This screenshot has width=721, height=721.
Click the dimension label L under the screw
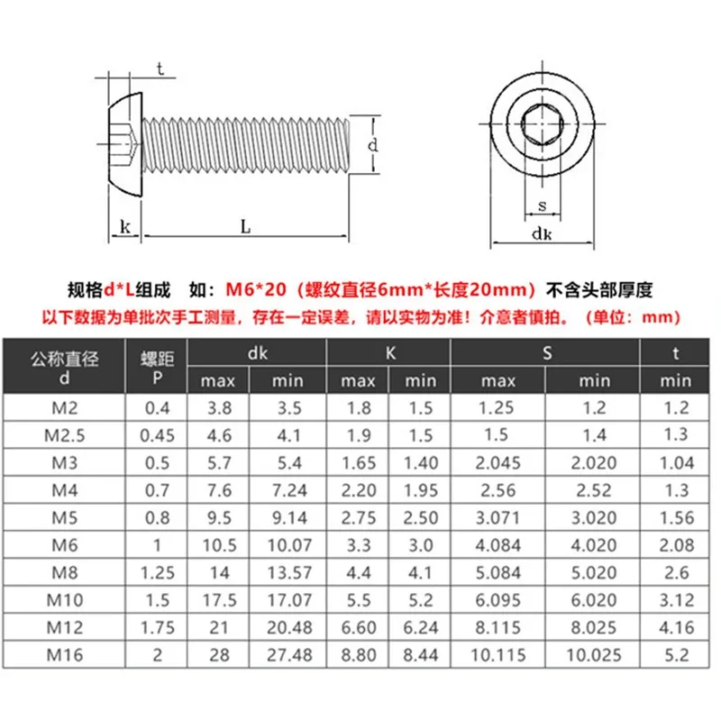245,227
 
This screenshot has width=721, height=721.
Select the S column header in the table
547,353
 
